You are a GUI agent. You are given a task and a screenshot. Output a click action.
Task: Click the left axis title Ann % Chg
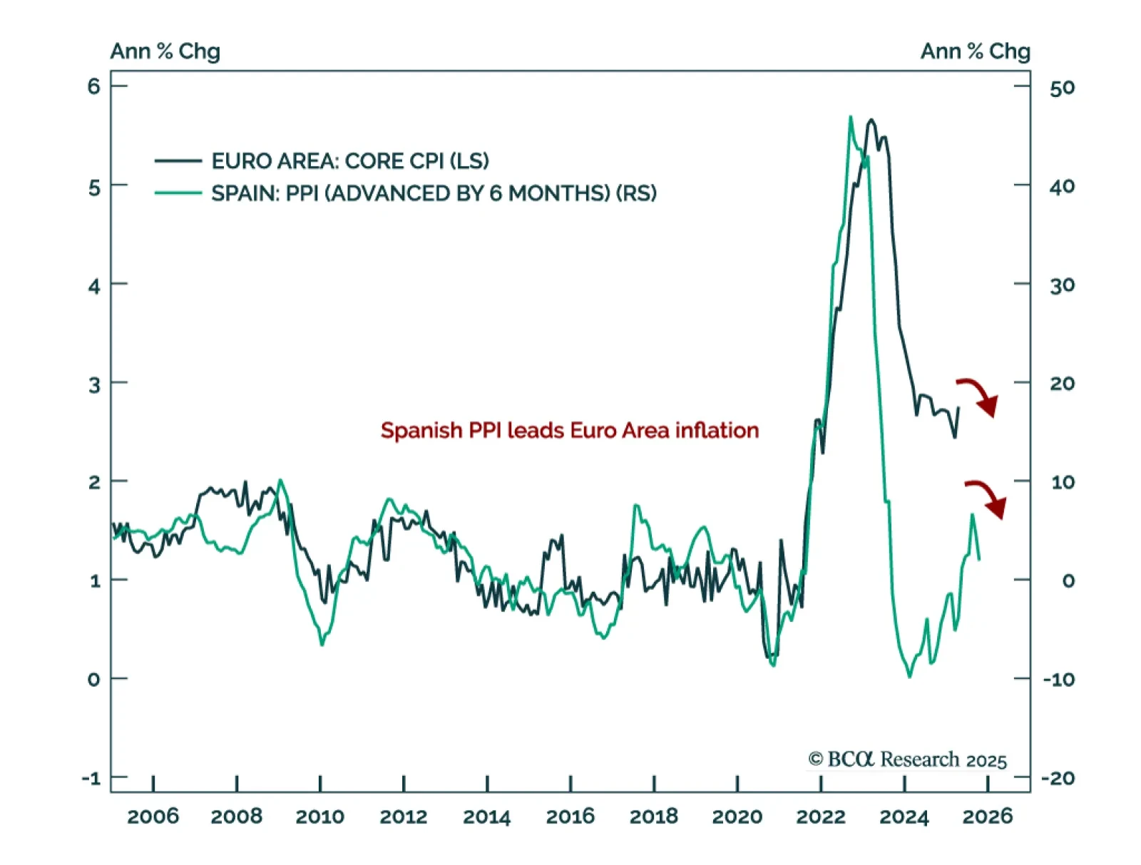(x=165, y=51)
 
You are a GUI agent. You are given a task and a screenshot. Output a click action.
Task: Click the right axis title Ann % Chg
(x=975, y=51)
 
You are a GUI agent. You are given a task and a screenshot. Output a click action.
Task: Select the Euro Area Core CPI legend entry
(x=349, y=161)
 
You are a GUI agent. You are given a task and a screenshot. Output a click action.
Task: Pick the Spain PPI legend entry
(x=434, y=193)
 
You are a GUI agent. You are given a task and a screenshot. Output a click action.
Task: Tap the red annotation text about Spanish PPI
(x=569, y=431)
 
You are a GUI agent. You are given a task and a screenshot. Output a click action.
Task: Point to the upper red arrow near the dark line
(x=978, y=396)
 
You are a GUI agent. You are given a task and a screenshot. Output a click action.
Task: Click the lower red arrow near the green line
(x=987, y=498)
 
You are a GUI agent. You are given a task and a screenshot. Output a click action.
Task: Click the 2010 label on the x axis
(x=320, y=817)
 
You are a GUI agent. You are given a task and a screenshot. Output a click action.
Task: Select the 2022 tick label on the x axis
(x=821, y=817)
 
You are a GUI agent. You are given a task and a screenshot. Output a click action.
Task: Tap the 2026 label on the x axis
(x=988, y=817)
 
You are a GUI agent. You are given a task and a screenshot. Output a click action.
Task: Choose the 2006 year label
(x=153, y=817)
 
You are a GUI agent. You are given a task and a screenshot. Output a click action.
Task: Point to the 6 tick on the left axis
(x=94, y=87)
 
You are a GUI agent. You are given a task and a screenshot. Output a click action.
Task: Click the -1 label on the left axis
(x=91, y=778)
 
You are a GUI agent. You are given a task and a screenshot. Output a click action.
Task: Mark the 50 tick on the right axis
(x=1062, y=88)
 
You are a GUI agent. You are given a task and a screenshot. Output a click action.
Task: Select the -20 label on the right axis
(x=1058, y=778)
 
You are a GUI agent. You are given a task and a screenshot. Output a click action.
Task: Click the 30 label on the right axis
(x=1062, y=285)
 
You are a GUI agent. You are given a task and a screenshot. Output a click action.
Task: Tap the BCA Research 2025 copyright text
(x=907, y=760)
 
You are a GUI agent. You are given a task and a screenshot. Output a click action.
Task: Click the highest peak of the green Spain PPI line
(x=850, y=117)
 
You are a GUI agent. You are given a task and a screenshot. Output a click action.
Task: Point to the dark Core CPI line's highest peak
(x=871, y=121)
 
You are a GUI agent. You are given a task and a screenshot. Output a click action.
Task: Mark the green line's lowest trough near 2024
(x=909, y=676)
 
